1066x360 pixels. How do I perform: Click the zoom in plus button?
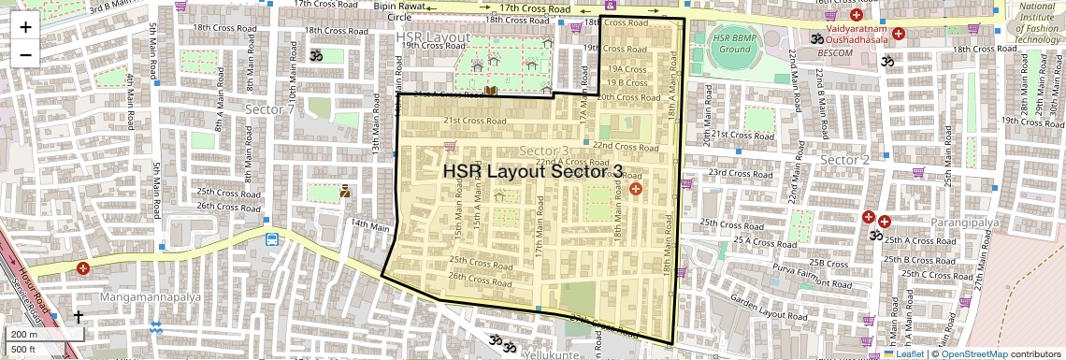coord(25,26)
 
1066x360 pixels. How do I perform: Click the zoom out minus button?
coord(25,54)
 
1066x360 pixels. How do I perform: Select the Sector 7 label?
coord(269,110)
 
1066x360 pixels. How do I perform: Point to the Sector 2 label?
coord(844,160)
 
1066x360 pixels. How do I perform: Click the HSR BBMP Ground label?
coord(733,44)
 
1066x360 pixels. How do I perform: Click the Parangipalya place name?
coord(966,223)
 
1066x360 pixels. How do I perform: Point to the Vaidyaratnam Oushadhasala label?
coord(849,35)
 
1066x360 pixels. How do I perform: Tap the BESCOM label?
coord(838,52)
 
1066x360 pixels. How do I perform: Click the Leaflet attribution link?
coord(902,353)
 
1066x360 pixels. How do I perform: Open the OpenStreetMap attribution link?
coord(973,353)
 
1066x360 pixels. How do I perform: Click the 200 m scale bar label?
coord(24,335)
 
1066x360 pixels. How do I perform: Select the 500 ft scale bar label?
coord(24,350)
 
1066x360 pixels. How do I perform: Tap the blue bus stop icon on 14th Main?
coord(271,239)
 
